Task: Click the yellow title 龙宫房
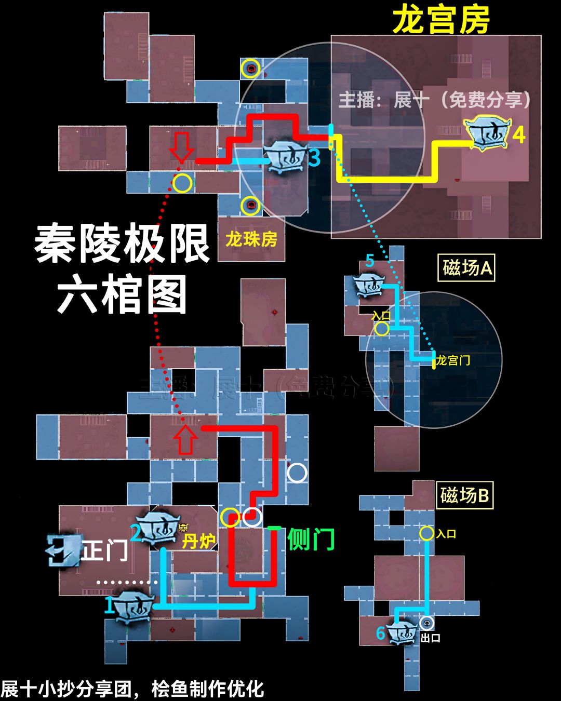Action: [441, 20]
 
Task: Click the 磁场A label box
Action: [466, 268]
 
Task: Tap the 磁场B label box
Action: [464, 495]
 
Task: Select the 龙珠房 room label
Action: [251, 239]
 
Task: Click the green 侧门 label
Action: [311, 539]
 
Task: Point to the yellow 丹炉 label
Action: [198, 542]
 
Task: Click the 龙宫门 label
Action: [453, 360]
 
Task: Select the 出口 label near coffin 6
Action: [430, 638]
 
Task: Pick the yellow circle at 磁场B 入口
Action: [426, 533]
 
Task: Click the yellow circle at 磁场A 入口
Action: [382, 329]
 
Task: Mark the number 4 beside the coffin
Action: [518, 135]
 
